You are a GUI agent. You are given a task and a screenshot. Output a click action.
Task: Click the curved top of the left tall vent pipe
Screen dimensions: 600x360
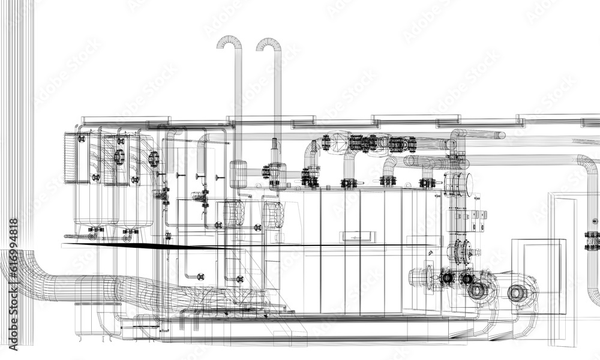[229, 41]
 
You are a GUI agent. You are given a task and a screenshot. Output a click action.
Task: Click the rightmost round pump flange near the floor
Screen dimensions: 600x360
[517, 293]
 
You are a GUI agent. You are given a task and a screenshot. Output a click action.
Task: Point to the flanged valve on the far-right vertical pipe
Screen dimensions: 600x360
[592, 240]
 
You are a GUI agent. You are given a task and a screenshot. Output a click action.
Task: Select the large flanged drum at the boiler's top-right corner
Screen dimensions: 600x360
[458, 184]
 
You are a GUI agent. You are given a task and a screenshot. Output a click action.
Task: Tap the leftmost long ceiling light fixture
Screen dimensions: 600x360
[109, 121]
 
